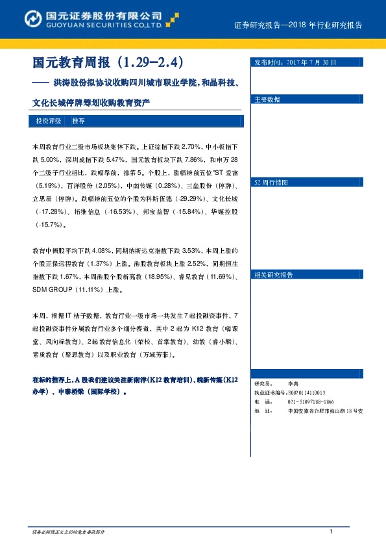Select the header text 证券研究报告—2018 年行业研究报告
click(x=297, y=25)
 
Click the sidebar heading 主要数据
click(x=267, y=100)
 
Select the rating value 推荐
click(x=78, y=121)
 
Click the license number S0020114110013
click(x=306, y=393)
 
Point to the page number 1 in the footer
click(x=331, y=533)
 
